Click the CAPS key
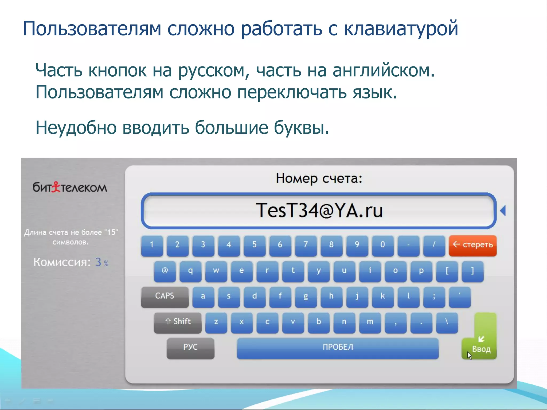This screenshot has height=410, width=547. tap(165, 296)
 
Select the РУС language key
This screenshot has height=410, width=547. tap(190, 348)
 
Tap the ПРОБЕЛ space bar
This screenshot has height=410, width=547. tap(338, 348)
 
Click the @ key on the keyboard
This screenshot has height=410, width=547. tap(165, 271)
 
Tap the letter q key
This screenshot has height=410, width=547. tap(190, 271)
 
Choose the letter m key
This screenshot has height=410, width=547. tap(370, 322)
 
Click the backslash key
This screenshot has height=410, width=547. tap(447, 322)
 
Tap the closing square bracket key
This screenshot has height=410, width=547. tap(472, 271)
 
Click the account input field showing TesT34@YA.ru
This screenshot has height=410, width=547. tap(319, 211)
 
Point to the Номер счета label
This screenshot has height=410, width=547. tap(319, 178)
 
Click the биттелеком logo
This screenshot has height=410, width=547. tap(70, 187)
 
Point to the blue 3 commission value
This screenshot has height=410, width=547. tap(98, 262)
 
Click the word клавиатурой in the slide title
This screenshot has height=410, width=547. tap(401, 29)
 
